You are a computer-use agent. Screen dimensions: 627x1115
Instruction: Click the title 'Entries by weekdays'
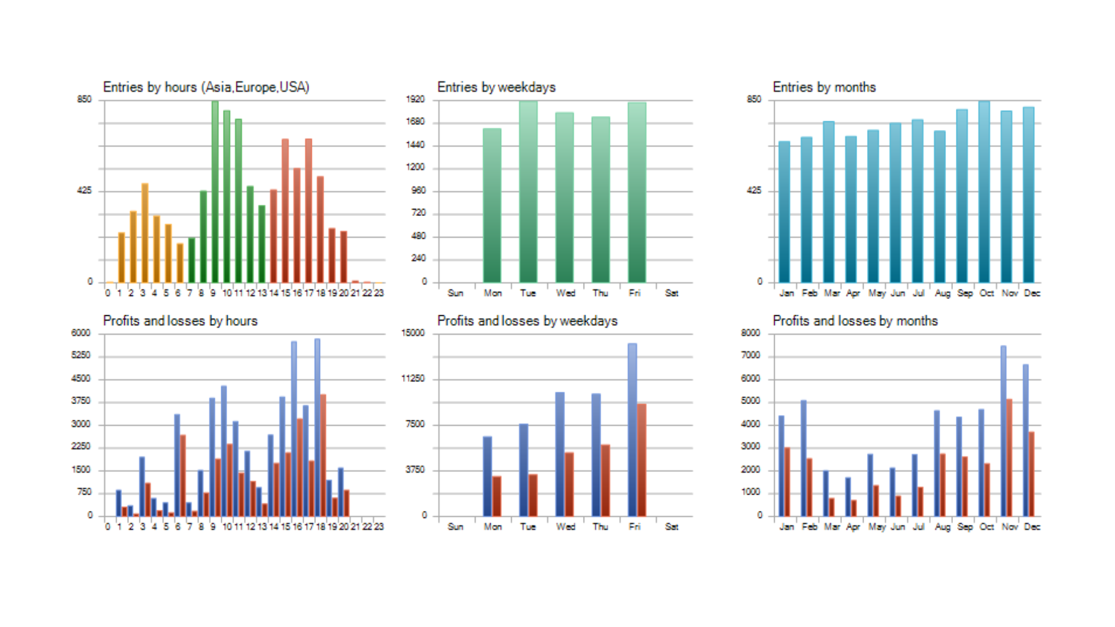(x=496, y=87)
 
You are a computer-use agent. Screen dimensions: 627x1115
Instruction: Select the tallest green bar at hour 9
(x=215, y=192)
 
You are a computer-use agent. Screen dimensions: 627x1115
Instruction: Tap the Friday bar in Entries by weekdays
(x=636, y=192)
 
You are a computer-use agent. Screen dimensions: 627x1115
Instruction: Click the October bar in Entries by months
(x=984, y=192)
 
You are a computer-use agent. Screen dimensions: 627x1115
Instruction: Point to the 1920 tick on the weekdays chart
(x=415, y=99)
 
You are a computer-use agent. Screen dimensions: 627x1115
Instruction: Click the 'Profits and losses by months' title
(x=855, y=321)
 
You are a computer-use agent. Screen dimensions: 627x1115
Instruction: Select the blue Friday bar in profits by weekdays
(x=632, y=430)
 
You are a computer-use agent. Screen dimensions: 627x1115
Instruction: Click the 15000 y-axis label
(x=413, y=333)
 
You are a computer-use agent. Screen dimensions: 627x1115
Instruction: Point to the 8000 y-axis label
(x=750, y=333)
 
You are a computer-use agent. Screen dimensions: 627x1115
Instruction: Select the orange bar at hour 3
(x=145, y=232)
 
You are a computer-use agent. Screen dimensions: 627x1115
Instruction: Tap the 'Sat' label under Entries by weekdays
(x=671, y=293)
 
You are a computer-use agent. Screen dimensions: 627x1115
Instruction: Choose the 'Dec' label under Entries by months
(x=1032, y=293)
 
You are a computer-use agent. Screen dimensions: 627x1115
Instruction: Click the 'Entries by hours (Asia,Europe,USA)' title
(x=206, y=87)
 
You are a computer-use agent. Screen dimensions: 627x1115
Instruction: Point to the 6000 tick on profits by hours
(x=81, y=333)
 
